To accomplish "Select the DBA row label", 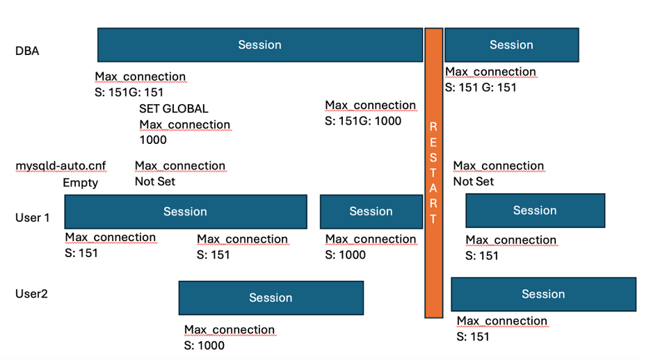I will pos(27,51).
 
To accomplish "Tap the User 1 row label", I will pos(33,218).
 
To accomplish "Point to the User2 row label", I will pos(31,293).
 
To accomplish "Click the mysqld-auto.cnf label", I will pos(61,166).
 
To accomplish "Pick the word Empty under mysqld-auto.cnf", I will pos(80,183).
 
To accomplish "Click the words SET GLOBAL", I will pos(173,109).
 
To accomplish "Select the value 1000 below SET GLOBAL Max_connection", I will pos(153,140).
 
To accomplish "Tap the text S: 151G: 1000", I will pos(363,121).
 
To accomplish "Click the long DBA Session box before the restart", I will pos(259,45).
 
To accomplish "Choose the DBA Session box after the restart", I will pos(511,45).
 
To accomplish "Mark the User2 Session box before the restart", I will pos(271,298).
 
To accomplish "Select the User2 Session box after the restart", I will pos(543,294).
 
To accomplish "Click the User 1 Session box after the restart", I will pos(535,211).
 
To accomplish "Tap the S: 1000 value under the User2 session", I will pos(204,345).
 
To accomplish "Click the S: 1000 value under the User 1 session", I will pos(346,254).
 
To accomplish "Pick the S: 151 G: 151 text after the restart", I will pos(481,88).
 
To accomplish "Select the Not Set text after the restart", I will pos(473,181).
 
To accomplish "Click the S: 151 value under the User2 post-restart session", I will pos(473,336).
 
